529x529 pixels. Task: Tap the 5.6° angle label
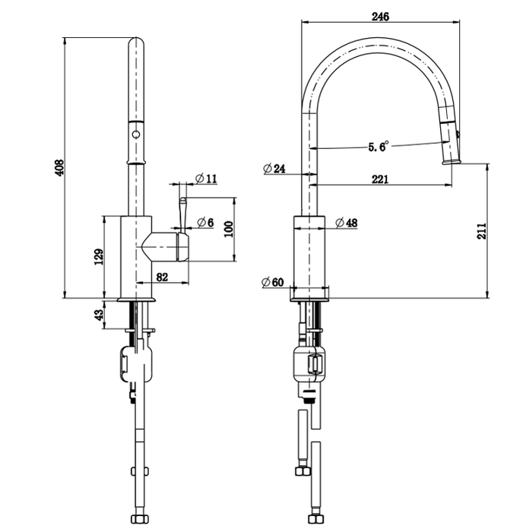[x=378, y=146]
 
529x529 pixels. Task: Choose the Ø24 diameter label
[x=274, y=169]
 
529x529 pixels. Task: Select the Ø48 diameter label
[x=347, y=223]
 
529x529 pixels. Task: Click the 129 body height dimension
[x=98, y=258]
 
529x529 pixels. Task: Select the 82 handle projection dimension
[x=162, y=277]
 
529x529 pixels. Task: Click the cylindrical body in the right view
[x=310, y=254]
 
